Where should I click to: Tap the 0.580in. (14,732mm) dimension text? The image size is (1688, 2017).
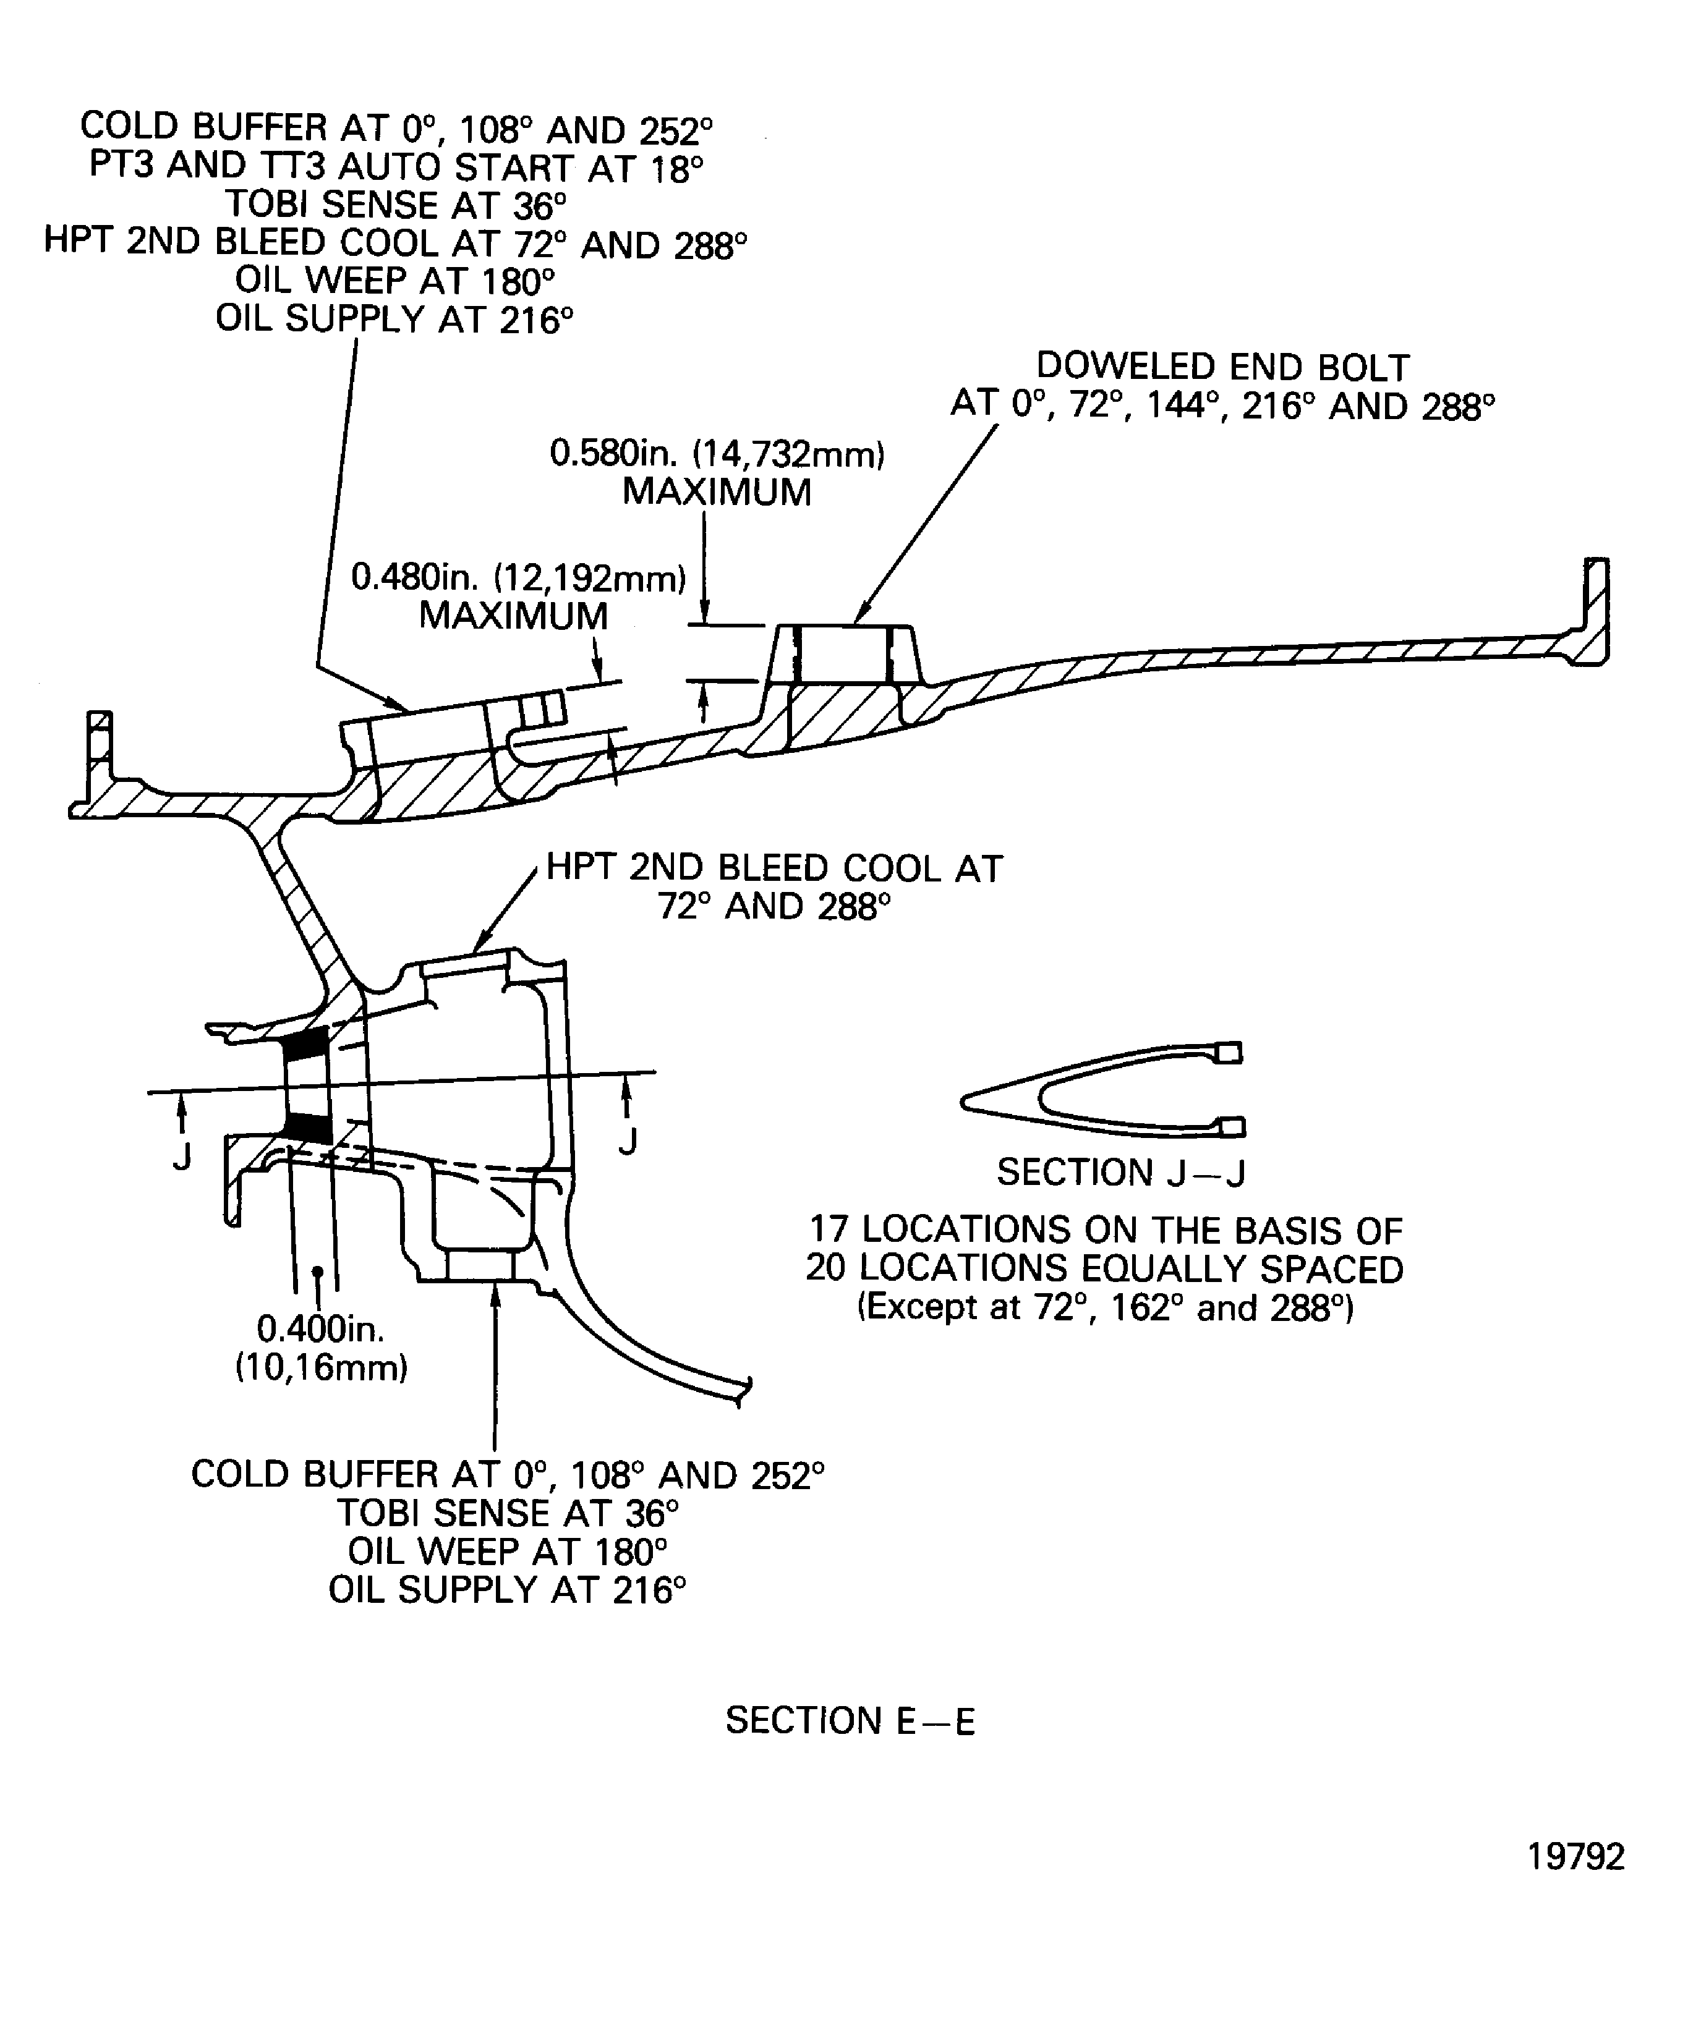[x=717, y=453]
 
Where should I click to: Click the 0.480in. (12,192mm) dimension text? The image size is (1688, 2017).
[x=519, y=578]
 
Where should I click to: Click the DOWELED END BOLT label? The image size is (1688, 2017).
[x=1222, y=368]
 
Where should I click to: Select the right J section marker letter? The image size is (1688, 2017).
[x=628, y=1142]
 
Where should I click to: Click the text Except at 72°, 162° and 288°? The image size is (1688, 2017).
[x=1105, y=1308]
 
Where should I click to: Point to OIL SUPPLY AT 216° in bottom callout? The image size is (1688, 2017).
[x=507, y=1590]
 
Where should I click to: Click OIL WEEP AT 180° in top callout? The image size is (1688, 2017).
[x=396, y=281]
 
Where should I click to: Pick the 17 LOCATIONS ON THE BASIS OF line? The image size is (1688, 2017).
[x=1105, y=1230]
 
